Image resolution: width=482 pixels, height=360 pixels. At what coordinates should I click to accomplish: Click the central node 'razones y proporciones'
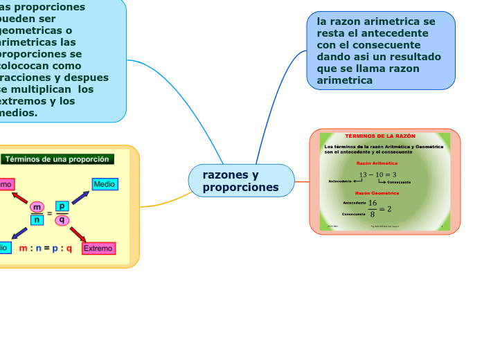pos(241,181)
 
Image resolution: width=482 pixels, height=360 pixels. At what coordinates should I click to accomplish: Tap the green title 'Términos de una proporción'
pos(57,159)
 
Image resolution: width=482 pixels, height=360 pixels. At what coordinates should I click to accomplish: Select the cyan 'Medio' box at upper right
pos(105,184)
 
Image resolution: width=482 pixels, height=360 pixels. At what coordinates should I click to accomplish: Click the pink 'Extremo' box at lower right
pos(98,248)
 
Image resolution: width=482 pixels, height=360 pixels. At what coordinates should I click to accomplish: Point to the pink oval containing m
pos(37,206)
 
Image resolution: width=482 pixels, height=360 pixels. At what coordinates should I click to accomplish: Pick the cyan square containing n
pos(37,220)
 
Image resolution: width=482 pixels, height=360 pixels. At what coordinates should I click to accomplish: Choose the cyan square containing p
pos(62,206)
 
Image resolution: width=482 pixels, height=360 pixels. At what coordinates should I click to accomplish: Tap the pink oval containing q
pos(62,220)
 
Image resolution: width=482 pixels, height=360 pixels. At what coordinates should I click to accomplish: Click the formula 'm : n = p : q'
pos(46,248)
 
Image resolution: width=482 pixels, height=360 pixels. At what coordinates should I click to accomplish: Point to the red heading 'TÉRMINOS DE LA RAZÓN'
pos(380,136)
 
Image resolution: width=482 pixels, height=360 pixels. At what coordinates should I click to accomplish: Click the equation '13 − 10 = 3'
pos(377,174)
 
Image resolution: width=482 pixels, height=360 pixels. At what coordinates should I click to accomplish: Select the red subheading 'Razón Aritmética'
pos(377,163)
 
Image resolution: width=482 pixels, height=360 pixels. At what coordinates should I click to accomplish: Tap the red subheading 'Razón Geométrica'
pos(377,193)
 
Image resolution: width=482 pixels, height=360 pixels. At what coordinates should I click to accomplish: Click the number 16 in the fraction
pos(372,203)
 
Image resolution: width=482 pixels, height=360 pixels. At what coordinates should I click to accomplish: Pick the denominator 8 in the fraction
pos(372,214)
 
